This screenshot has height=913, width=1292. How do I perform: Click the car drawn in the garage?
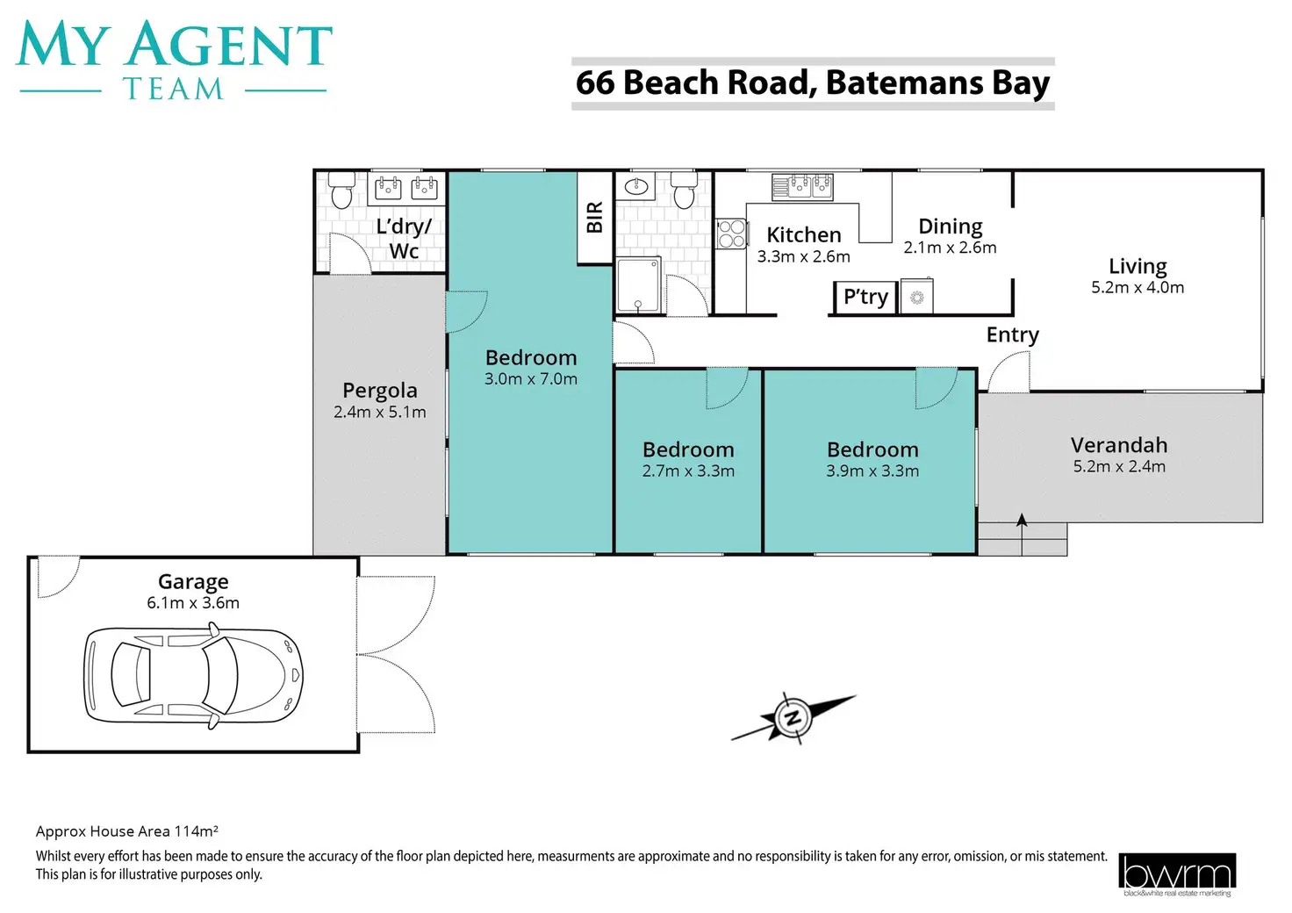pyautogui.click(x=193, y=675)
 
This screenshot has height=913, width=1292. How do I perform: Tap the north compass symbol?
pyautogui.click(x=793, y=718)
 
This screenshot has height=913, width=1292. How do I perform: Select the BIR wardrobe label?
pyautogui.click(x=594, y=217)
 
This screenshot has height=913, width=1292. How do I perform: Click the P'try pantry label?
pyautogui.click(x=865, y=298)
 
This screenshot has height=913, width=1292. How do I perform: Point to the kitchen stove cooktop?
pyautogui.click(x=731, y=234)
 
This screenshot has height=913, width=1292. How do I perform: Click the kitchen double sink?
pyautogui.click(x=802, y=186)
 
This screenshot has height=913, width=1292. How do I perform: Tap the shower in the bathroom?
pyautogui.click(x=638, y=284)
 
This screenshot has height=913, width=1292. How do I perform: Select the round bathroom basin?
pyautogui.click(x=637, y=186)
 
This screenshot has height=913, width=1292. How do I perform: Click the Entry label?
pyautogui.click(x=1012, y=335)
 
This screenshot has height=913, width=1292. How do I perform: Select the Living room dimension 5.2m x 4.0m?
pyautogui.click(x=1137, y=288)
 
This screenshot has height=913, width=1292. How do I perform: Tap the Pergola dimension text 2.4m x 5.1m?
pyautogui.click(x=379, y=413)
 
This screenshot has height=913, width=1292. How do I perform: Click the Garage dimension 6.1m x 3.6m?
pyautogui.click(x=193, y=603)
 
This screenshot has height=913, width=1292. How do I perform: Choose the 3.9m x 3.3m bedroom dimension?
pyautogui.click(x=872, y=471)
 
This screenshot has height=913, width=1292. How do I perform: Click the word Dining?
pyautogui.click(x=950, y=226)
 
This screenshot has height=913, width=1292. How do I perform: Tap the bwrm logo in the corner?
pyautogui.click(x=1177, y=874)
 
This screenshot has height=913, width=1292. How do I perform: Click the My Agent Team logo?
pyautogui.click(x=174, y=60)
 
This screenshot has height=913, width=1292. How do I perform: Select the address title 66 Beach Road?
pyautogui.click(x=813, y=83)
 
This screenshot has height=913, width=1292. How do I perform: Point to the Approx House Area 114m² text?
pyautogui.click(x=126, y=831)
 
